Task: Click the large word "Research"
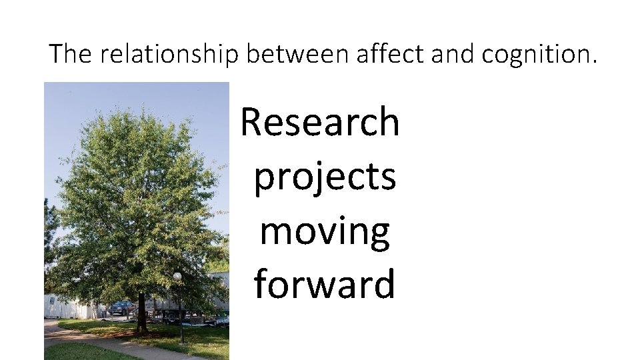click(x=320, y=122)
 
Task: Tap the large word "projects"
click(x=325, y=177)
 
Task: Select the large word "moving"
click(x=325, y=231)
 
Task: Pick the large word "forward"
click(x=325, y=283)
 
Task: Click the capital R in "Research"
click(x=252, y=122)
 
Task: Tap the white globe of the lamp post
click(x=177, y=276)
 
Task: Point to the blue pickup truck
click(x=121, y=307)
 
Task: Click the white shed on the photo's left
click(x=67, y=305)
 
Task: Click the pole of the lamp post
click(x=180, y=313)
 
